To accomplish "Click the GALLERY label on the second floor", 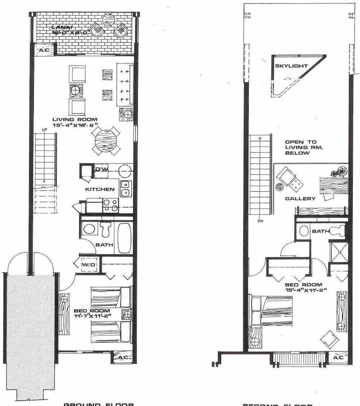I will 300,199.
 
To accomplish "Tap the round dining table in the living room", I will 106,141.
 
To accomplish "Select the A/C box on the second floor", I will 338,358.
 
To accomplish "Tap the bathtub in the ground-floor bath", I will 124,238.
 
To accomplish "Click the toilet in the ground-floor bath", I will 106,229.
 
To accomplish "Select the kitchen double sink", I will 126,188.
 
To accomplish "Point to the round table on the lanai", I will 108,19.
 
